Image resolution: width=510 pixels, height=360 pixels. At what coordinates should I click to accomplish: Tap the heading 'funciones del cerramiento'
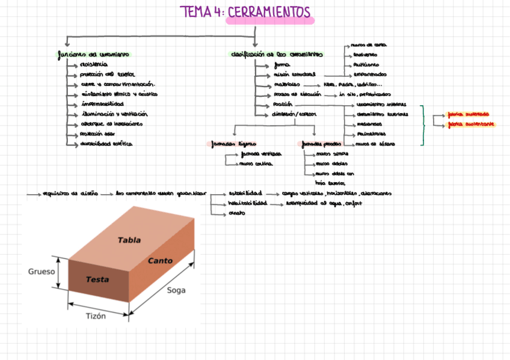[93, 54]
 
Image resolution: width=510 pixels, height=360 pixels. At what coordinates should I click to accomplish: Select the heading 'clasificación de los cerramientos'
[277, 54]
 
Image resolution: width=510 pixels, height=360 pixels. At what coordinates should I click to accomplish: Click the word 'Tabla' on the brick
[129, 240]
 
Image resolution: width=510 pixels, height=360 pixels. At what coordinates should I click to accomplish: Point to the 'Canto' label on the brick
[160, 261]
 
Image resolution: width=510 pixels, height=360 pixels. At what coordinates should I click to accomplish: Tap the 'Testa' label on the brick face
[97, 279]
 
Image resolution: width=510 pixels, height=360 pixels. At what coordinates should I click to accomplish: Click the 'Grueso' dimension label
[41, 272]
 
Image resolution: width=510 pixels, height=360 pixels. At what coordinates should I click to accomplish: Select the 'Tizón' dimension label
[96, 316]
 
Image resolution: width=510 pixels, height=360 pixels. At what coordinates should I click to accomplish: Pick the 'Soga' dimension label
[176, 290]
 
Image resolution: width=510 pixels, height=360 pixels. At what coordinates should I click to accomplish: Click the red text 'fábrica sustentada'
[469, 114]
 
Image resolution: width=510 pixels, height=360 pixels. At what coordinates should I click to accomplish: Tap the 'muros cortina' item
[256, 163]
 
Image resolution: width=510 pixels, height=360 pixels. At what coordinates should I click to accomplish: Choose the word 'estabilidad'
[245, 194]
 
